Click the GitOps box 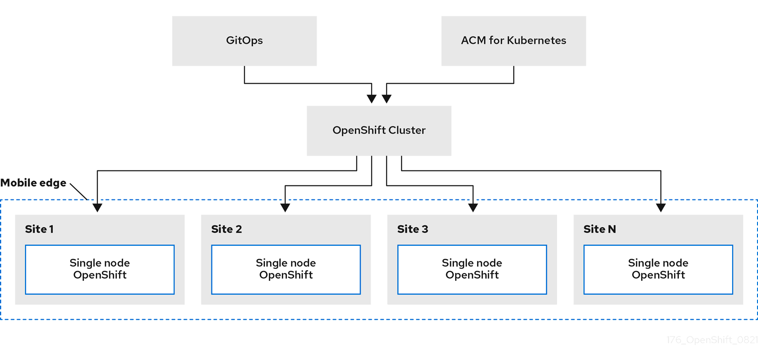tap(244, 41)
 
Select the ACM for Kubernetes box tap(513, 41)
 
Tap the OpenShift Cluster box tap(379, 131)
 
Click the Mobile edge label tap(33, 183)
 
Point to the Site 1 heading tap(39, 229)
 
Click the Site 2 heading tap(226, 229)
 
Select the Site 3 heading tap(412, 229)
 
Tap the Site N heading tap(599, 229)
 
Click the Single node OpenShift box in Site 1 tap(100, 269)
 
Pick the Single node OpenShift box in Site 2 tap(286, 269)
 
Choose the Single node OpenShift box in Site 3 tap(472, 269)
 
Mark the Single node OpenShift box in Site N tap(658, 269)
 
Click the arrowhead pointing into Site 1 tap(98, 207)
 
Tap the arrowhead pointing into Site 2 tap(285, 207)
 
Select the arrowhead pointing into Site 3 tap(473, 207)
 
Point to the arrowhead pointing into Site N tap(661, 207)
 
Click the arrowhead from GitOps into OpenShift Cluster tap(372, 98)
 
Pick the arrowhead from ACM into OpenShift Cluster tap(386, 98)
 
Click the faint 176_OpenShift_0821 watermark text tap(712, 340)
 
